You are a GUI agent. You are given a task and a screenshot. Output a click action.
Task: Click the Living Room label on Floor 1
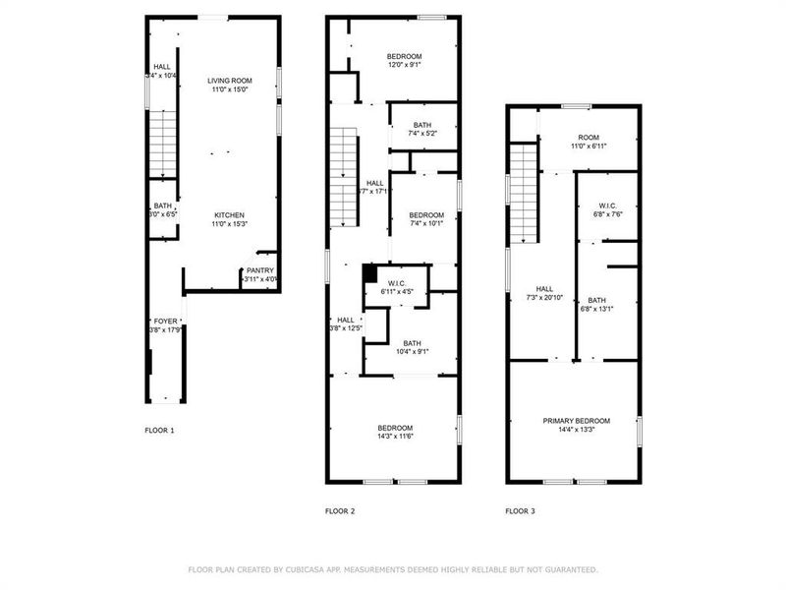pos(228,81)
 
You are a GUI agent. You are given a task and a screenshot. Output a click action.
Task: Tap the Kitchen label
pos(230,215)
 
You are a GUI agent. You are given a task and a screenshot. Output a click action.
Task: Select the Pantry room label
pos(260,270)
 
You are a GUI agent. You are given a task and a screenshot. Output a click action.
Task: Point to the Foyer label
pos(164,322)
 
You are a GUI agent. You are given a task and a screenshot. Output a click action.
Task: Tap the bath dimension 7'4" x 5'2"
pos(422,133)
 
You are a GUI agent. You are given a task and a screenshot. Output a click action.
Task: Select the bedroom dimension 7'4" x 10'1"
pos(425,223)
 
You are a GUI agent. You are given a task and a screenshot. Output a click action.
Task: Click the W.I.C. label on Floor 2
pos(397,283)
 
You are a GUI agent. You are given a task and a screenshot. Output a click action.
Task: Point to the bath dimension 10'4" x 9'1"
pos(412,351)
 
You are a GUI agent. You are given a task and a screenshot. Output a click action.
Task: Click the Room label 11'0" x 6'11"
pos(588,146)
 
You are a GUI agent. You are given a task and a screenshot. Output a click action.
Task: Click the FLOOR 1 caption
pos(159,430)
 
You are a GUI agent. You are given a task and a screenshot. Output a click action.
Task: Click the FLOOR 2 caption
pos(340,511)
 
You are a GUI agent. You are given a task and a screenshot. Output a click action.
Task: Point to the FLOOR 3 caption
pos(521,511)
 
